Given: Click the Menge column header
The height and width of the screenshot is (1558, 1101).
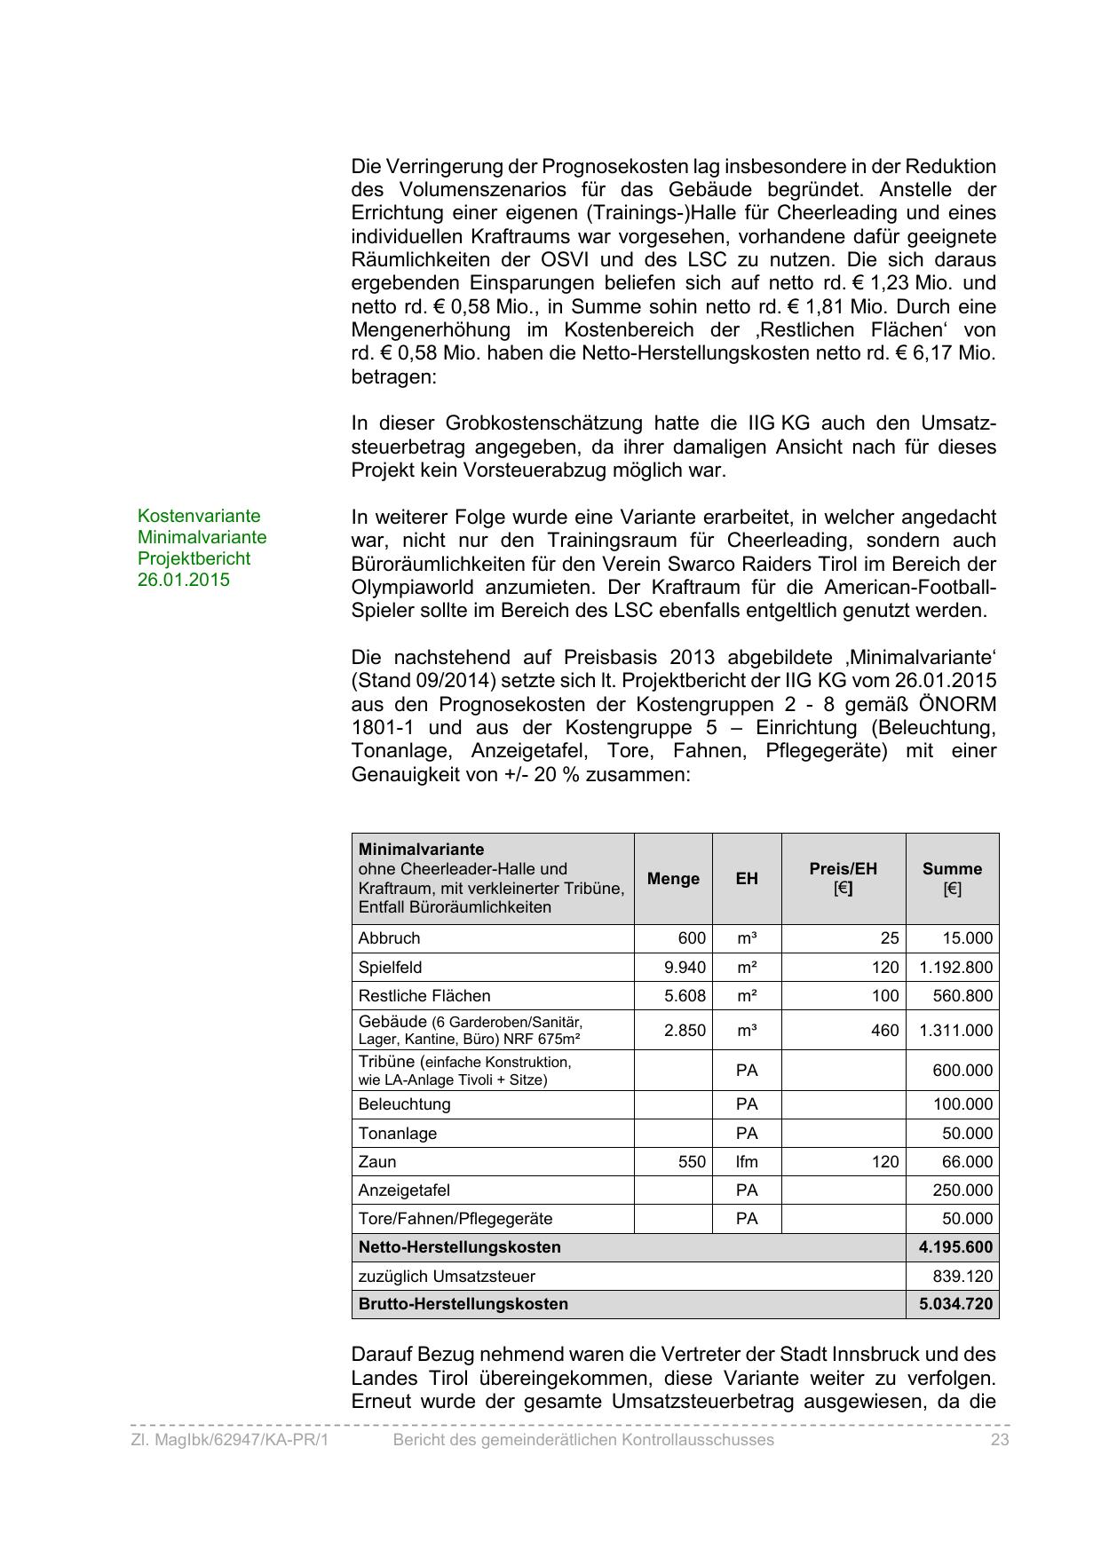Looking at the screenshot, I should coord(673,879).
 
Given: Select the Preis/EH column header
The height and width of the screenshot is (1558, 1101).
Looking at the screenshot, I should coord(843,869).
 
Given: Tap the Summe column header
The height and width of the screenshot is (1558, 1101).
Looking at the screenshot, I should coord(952,869).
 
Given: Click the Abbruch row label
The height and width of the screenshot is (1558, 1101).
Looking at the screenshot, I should coord(389,938).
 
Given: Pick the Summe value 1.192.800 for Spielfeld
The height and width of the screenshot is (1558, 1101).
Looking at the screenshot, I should coord(955,968).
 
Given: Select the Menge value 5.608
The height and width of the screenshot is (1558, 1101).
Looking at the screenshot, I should coord(685,996).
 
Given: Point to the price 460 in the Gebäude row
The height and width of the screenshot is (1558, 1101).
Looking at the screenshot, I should coord(884,1031).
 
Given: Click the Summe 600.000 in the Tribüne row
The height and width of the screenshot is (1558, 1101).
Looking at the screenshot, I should coord(962,1071).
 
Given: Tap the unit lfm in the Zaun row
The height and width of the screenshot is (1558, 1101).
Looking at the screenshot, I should coord(747,1162).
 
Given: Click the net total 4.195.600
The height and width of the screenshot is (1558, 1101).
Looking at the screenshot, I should coord(955,1247).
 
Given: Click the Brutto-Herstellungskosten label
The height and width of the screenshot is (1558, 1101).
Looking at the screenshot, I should coord(463,1305).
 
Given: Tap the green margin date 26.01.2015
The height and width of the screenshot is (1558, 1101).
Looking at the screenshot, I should coord(184,581).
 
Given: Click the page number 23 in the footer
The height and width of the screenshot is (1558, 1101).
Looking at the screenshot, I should coord(1000,1440).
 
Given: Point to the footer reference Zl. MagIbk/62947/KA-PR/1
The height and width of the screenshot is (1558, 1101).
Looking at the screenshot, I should coord(230,1440).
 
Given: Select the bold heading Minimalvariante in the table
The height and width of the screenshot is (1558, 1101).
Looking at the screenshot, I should coord(421,850).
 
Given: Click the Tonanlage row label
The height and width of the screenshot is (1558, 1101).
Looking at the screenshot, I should coord(397,1134).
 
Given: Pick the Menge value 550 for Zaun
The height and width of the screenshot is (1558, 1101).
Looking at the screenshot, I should coord(692,1162).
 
